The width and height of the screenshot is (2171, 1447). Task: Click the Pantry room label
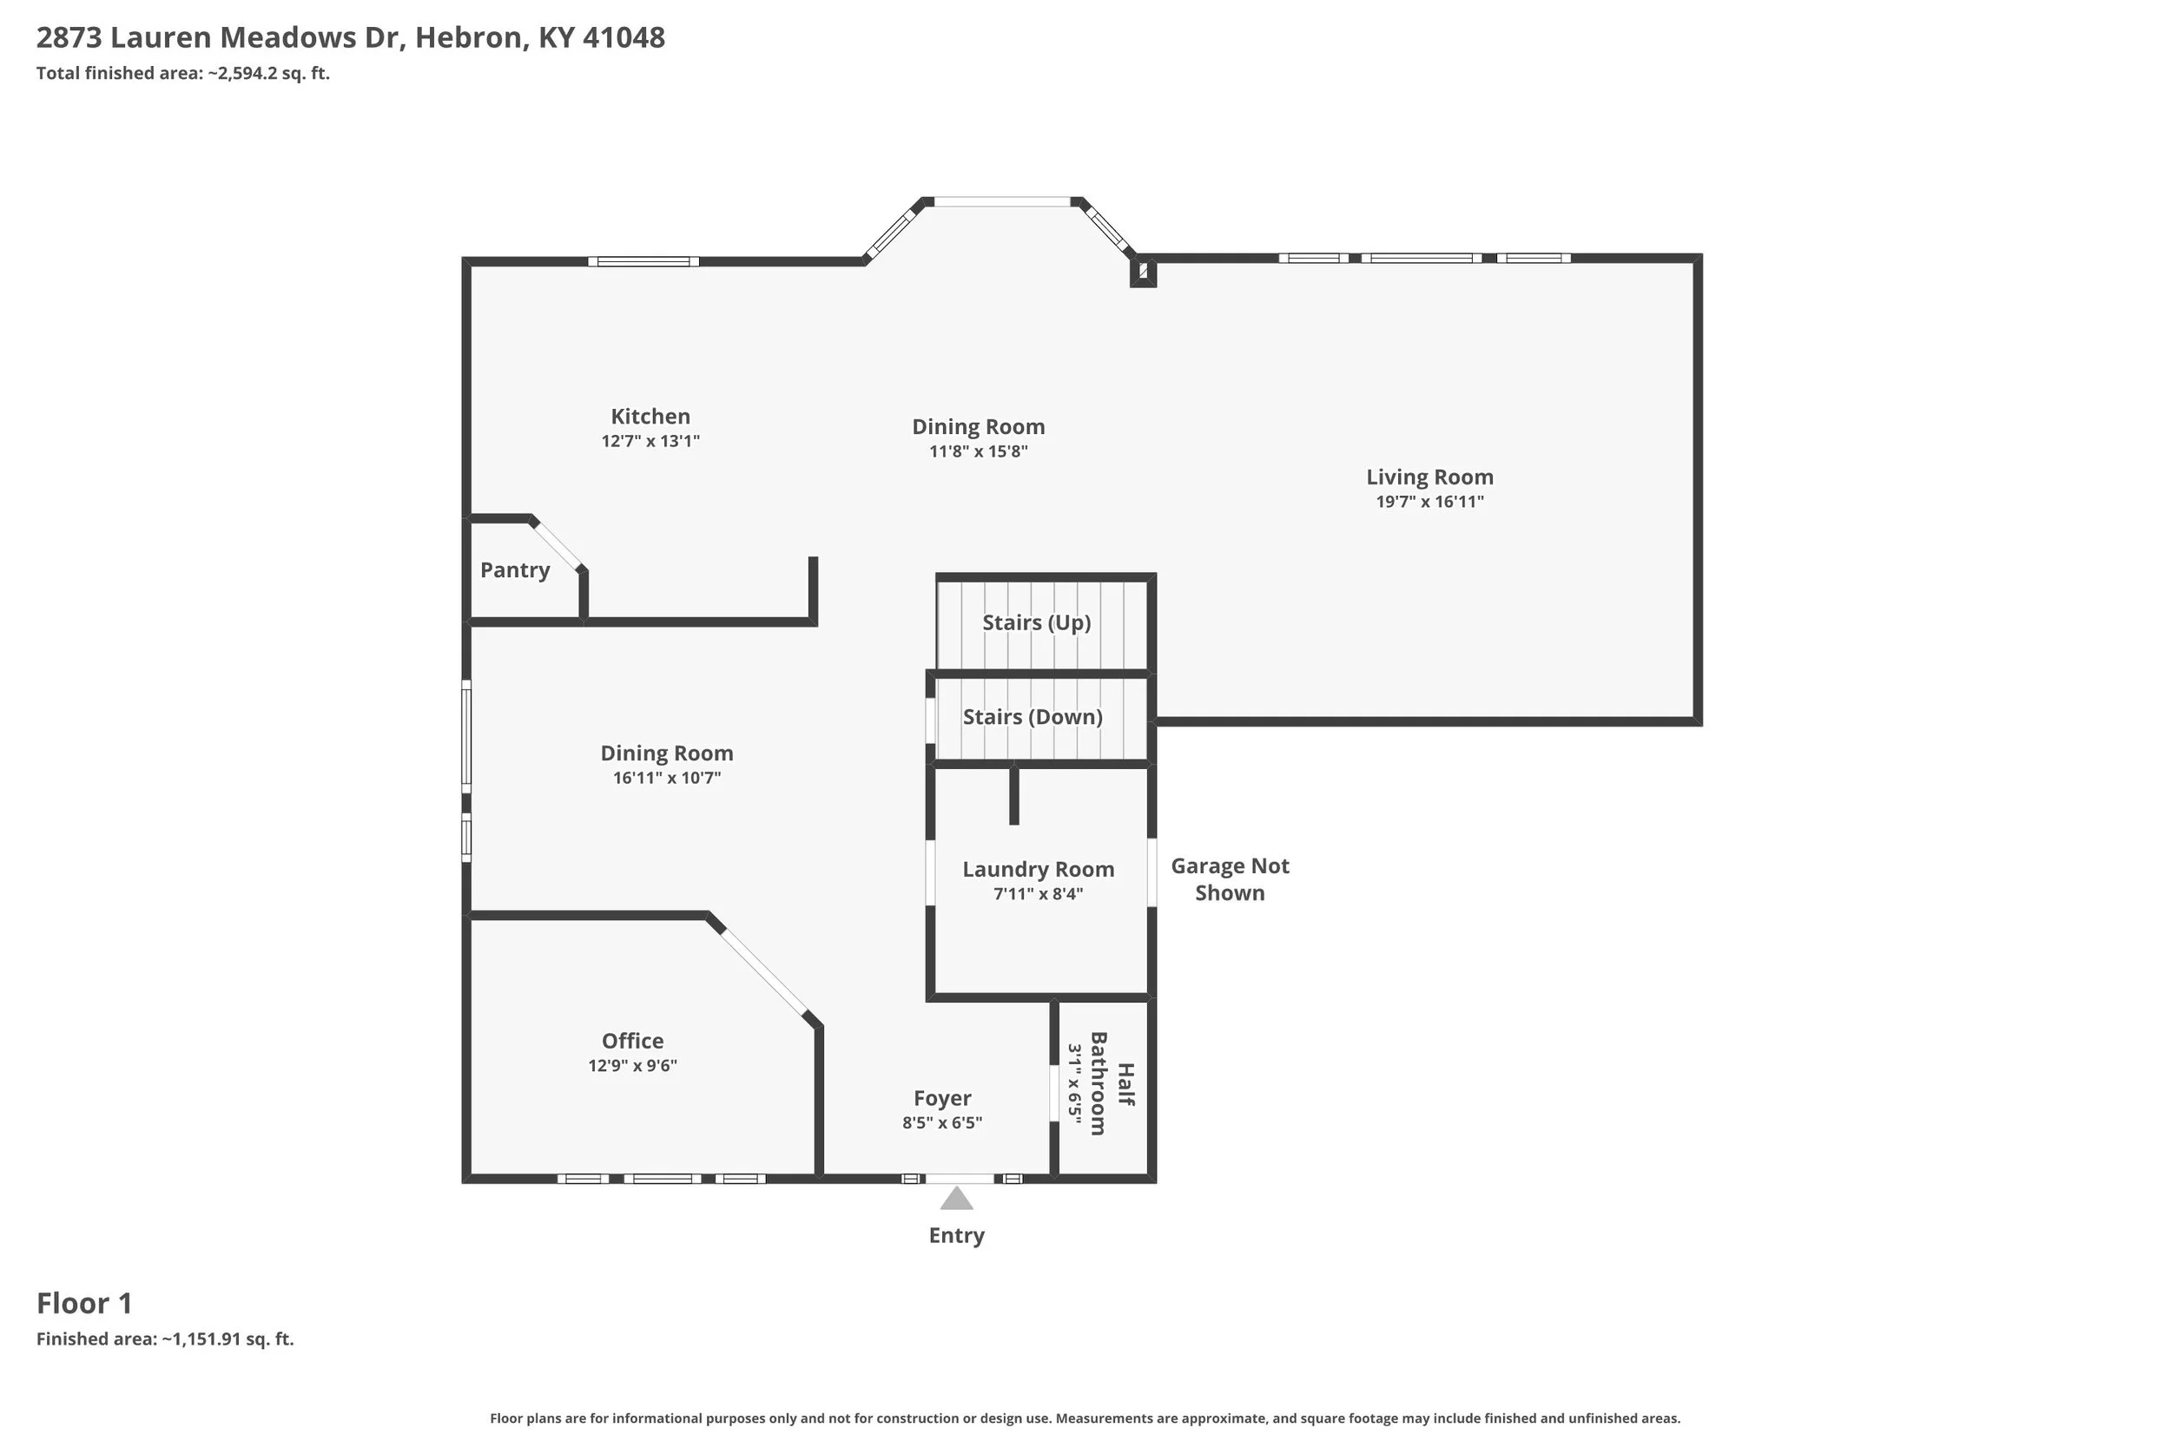click(x=515, y=570)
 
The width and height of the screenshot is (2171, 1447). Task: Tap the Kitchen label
click(x=650, y=416)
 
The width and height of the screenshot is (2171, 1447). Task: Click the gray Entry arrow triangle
click(x=956, y=1198)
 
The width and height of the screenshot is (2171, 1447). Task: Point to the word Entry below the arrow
click(x=956, y=1236)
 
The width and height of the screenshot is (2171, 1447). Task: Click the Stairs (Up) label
click(x=1037, y=623)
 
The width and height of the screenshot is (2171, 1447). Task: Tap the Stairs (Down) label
click(x=1033, y=717)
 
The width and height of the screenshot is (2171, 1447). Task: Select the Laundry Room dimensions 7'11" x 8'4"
click(x=1039, y=894)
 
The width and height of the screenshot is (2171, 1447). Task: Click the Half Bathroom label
click(x=1112, y=1083)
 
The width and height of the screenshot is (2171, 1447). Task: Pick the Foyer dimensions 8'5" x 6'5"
click(x=942, y=1123)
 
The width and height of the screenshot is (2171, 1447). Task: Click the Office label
click(x=633, y=1041)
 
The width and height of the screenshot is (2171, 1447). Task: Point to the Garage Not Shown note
click(x=1231, y=879)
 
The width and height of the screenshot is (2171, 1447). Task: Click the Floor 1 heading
click(x=85, y=1303)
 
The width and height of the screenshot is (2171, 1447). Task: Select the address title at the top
click(x=351, y=38)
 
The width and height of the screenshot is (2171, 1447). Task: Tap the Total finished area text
click(x=182, y=73)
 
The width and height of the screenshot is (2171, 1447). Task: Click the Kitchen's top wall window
click(x=643, y=261)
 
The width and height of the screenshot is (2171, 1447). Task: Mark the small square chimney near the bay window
click(x=1143, y=272)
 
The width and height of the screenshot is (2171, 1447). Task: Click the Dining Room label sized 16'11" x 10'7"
click(x=667, y=753)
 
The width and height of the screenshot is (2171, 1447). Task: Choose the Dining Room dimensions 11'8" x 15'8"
click(x=979, y=451)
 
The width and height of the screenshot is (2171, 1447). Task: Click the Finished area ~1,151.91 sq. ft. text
click(x=165, y=1339)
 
